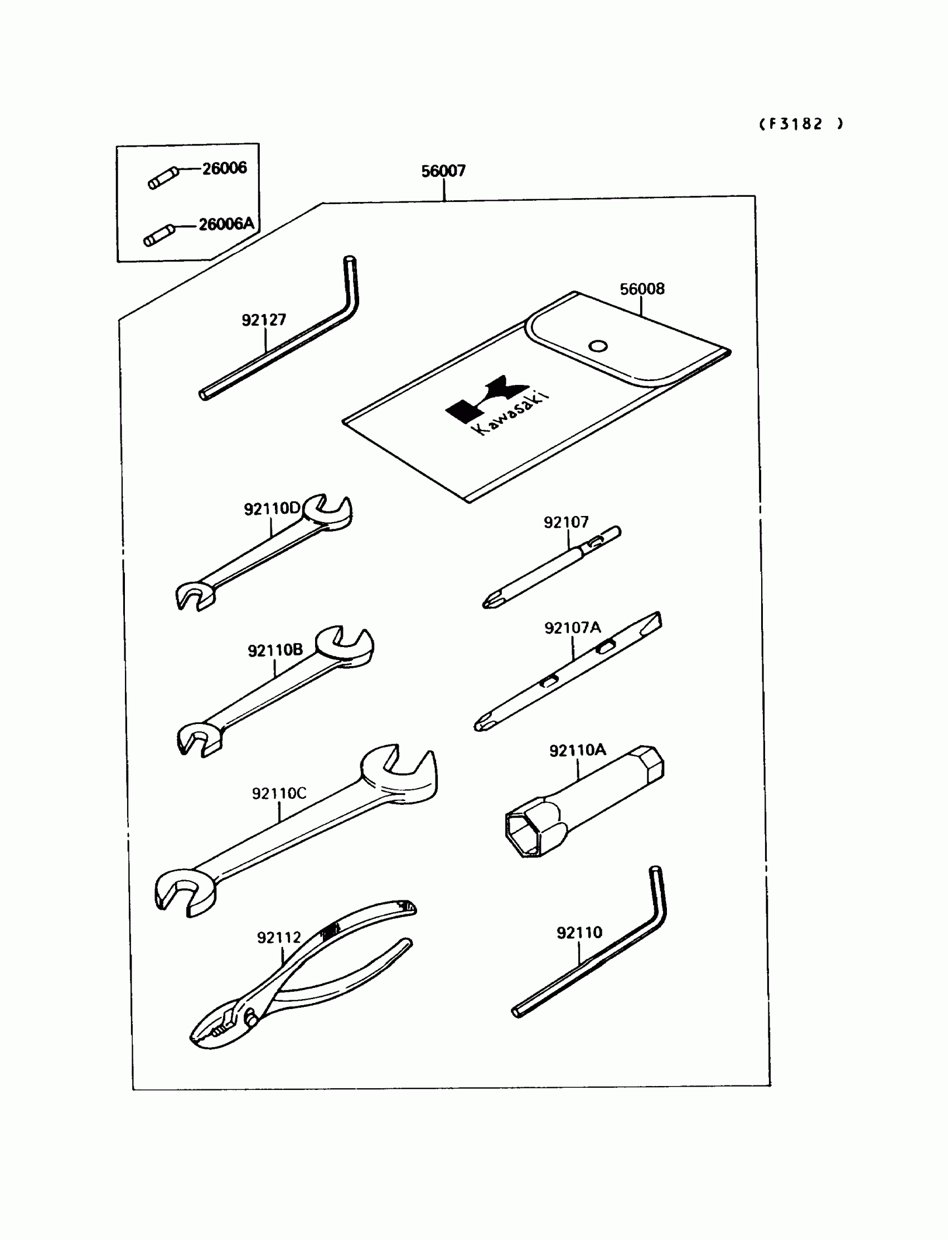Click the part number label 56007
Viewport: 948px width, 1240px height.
[443, 171]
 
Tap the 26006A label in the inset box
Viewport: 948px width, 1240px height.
[226, 224]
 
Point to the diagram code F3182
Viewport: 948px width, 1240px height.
[800, 124]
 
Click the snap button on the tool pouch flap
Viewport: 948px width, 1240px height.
[598, 346]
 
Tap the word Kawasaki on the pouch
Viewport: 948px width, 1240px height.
[511, 413]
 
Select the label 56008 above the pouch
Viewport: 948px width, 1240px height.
[642, 289]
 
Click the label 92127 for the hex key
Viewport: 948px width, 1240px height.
[264, 320]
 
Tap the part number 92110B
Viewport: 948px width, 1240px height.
[275, 650]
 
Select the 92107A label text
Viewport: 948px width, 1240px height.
[572, 628]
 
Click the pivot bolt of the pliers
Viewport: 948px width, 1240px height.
[251, 1018]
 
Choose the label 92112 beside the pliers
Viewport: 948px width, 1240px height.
[279, 938]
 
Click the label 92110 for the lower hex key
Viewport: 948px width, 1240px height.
[579, 933]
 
